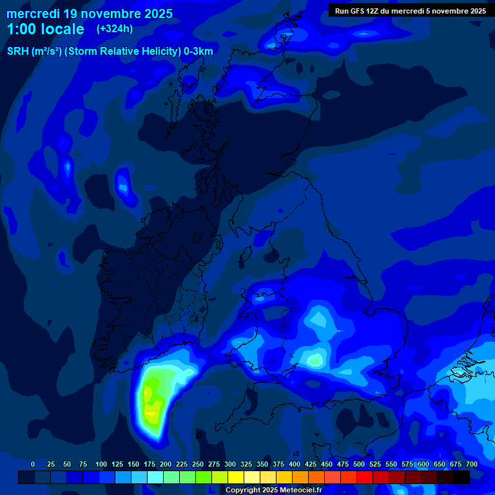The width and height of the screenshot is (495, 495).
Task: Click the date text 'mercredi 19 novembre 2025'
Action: point(90,14)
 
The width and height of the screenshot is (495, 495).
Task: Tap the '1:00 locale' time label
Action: point(45,29)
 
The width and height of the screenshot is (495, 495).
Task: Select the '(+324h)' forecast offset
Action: point(115,29)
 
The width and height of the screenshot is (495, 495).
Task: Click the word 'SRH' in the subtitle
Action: point(18,52)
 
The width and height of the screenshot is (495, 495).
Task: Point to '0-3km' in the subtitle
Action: point(199,52)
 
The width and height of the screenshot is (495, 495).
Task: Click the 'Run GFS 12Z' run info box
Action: point(411,10)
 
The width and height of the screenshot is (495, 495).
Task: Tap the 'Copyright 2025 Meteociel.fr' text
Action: point(273,490)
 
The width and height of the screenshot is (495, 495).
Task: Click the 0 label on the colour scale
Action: point(33,464)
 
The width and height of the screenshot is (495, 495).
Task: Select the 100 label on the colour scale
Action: point(101,464)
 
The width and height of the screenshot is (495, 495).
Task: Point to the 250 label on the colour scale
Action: point(198,464)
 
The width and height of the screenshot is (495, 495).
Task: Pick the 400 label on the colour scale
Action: point(295,464)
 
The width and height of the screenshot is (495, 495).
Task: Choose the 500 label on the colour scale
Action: point(359,464)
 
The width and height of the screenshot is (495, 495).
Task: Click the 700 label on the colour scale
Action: point(472,464)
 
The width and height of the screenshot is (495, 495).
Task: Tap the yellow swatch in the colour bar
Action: point(236,477)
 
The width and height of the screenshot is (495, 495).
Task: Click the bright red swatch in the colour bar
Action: point(365,477)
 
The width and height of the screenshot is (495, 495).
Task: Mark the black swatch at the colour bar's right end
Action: point(461,477)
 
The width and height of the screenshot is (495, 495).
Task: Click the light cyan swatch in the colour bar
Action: point(155,477)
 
